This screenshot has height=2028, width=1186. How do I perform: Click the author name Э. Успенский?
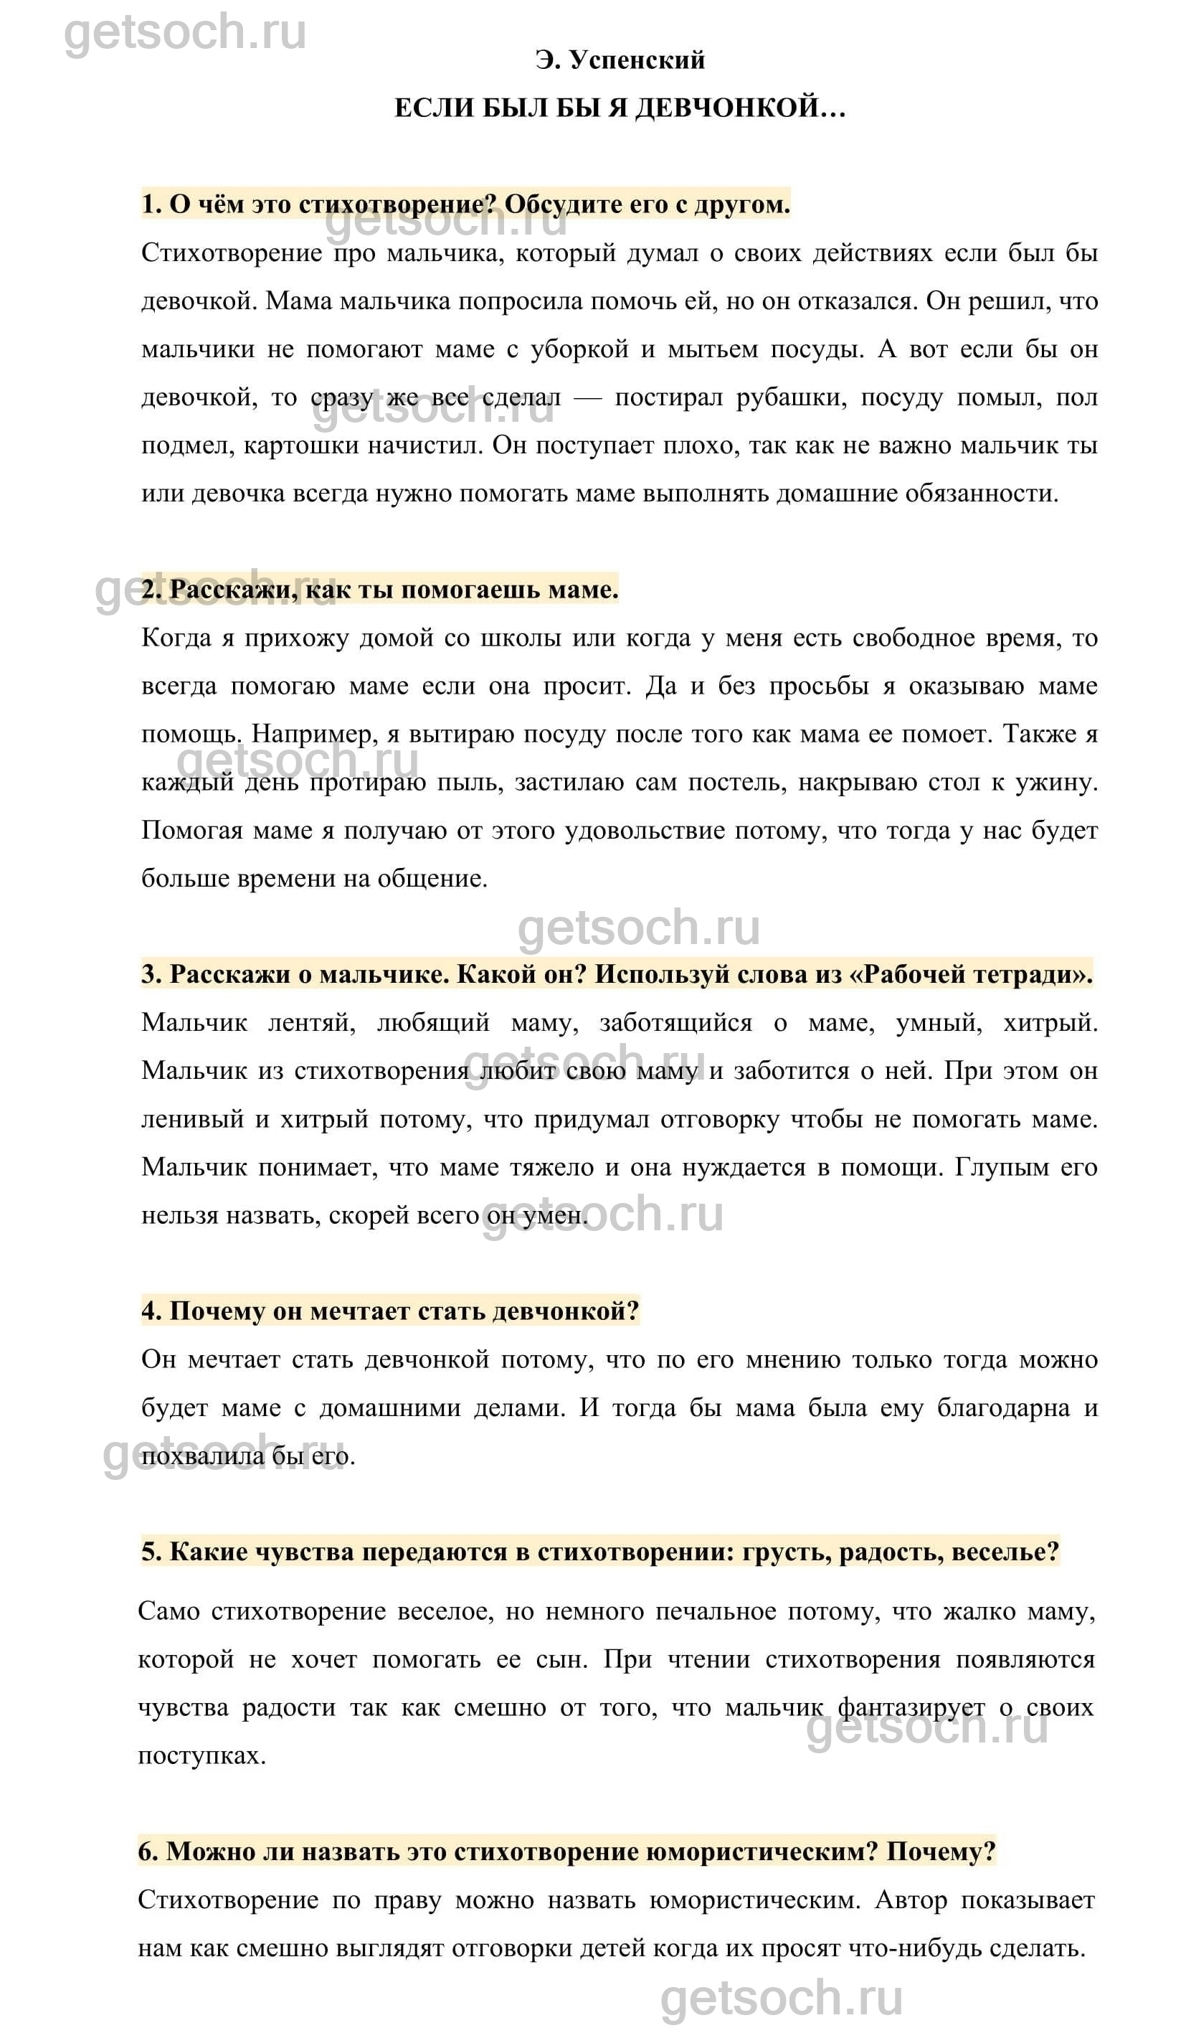pos(620,60)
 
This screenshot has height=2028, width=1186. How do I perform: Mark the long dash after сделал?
pos(587,397)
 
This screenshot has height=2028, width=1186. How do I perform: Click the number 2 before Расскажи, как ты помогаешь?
pos(150,590)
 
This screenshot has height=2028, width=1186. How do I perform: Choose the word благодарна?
pos(1003,1408)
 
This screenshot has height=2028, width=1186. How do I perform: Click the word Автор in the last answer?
pos(910,1901)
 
